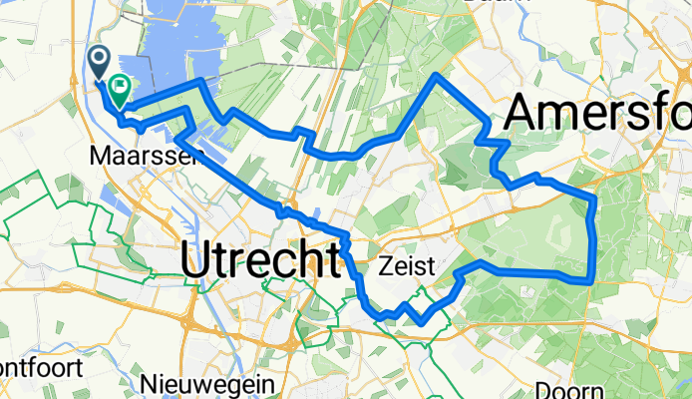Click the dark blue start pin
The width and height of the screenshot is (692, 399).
click(101, 62)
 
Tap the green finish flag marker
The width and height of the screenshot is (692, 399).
click(120, 92)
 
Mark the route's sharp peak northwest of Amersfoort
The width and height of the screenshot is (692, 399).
click(437, 76)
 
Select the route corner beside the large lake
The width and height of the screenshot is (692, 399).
click(203, 80)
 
